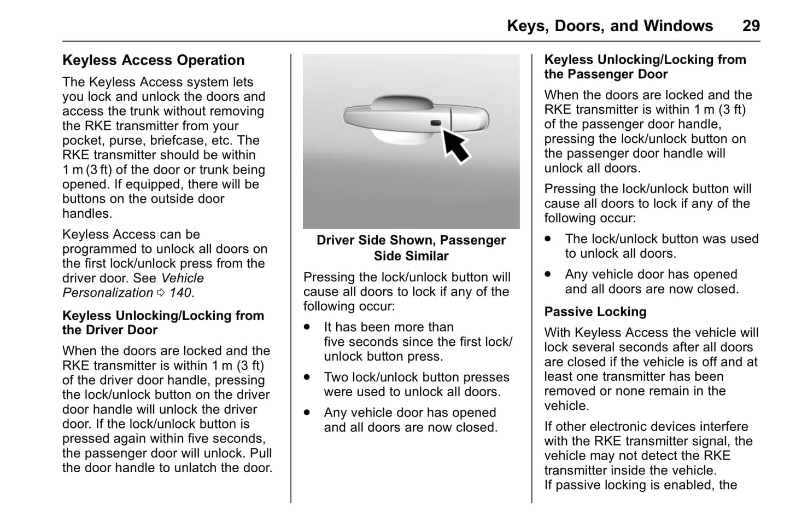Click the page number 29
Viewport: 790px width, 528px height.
[751, 26]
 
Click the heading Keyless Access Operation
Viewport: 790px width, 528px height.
[153, 60]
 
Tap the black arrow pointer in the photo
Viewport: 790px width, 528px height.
[455, 145]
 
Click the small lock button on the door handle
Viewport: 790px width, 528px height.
[436, 123]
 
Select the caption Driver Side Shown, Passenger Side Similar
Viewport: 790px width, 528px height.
[411, 248]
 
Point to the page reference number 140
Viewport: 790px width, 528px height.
[180, 293]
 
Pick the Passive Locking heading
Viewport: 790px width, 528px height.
[595, 312]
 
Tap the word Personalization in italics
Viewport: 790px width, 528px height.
[108, 293]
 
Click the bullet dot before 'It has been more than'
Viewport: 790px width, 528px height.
[307, 327]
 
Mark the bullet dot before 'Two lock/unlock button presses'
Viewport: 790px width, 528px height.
[307, 378]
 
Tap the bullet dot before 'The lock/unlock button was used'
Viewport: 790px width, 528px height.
[548, 239]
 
